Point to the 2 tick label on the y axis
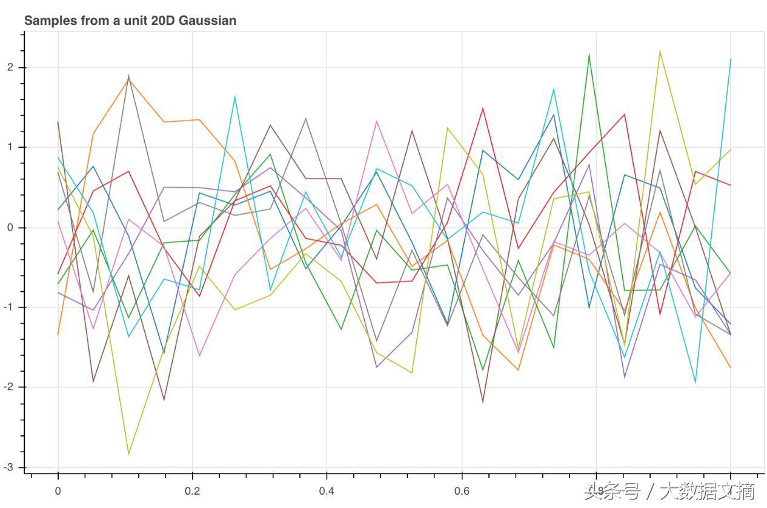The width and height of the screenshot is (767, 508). pyautogui.click(x=11, y=68)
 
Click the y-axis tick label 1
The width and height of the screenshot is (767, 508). pyautogui.click(x=11, y=148)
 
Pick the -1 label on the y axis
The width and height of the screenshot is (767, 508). pyautogui.click(x=9, y=308)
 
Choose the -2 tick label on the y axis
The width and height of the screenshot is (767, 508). pyautogui.click(x=9, y=388)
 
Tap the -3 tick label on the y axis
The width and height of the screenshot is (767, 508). pyautogui.click(x=9, y=467)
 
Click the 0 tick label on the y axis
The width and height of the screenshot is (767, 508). pyautogui.click(x=11, y=228)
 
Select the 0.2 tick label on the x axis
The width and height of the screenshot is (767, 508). pyautogui.click(x=192, y=491)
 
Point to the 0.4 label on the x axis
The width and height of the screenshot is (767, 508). pyautogui.click(x=327, y=491)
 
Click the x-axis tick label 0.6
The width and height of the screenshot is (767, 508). pyautogui.click(x=461, y=491)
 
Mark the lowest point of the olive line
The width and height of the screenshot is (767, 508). pyautogui.click(x=128, y=454)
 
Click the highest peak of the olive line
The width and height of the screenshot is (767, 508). pyautogui.click(x=660, y=51)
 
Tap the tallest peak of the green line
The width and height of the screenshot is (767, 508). pyautogui.click(x=589, y=54)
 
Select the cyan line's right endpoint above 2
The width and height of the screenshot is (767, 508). pyautogui.click(x=731, y=59)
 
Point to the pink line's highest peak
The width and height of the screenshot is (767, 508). pyautogui.click(x=377, y=120)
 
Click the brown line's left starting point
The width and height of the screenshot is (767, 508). pyautogui.click(x=58, y=122)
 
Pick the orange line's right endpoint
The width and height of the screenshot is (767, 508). pyautogui.click(x=731, y=368)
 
